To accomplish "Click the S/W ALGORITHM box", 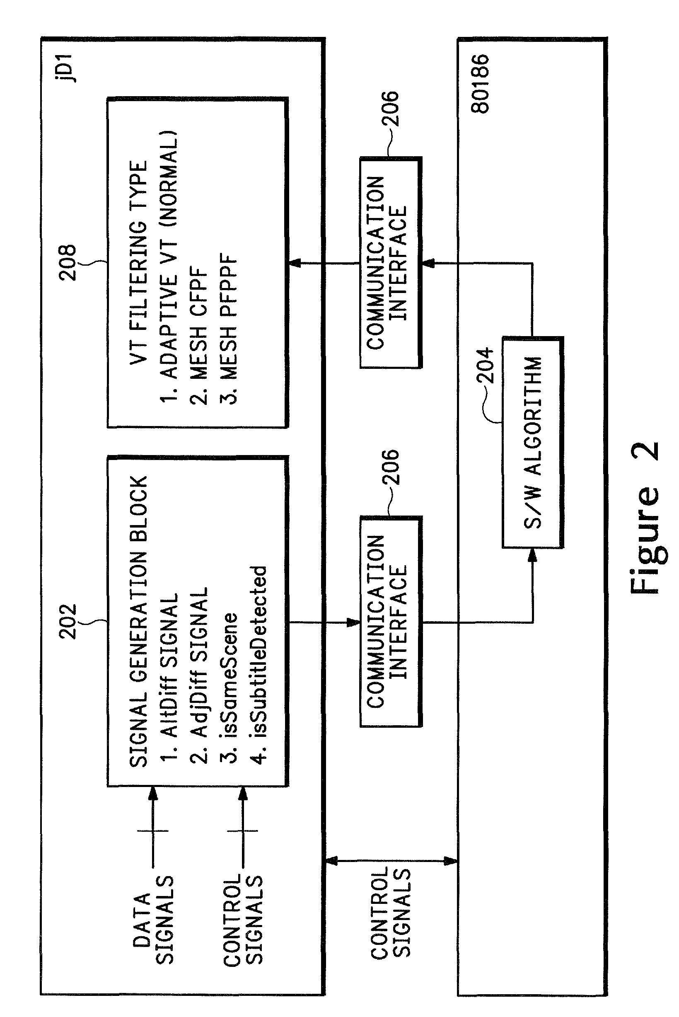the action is [x=533, y=443].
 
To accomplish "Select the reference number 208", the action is [x=68, y=263].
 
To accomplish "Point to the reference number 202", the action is [x=68, y=622].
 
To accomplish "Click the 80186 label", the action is [x=480, y=84].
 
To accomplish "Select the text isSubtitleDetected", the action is [x=258, y=665].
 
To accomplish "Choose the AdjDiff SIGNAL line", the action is [x=198, y=676].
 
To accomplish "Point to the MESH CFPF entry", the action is [x=198, y=337].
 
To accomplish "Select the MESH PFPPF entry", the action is [x=228, y=329].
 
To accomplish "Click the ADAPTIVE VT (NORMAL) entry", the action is [x=169, y=267].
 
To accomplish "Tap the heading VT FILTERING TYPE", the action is [x=138, y=263].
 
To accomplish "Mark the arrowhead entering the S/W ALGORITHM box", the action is [x=533, y=555].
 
